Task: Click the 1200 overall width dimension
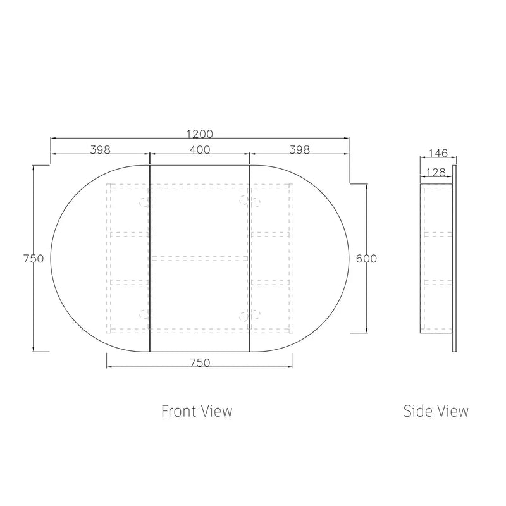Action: click(x=200, y=134)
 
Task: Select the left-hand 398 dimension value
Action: click(x=100, y=150)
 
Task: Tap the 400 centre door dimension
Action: click(x=200, y=150)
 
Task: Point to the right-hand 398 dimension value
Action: click(x=299, y=150)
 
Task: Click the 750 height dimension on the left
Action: click(x=34, y=259)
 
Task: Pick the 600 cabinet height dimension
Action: click(x=366, y=259)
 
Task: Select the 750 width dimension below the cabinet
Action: click(x=200, y=363)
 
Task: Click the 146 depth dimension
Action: click(x=438, y=152)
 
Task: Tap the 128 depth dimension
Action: click(x=436, y=173)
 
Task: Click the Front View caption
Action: click(x=197, y=411)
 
